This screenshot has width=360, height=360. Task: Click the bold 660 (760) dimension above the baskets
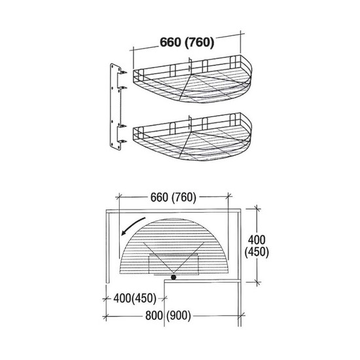point(187,43)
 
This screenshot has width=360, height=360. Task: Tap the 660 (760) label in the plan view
point(173,198)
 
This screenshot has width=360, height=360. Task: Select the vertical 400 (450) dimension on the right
point(257,246)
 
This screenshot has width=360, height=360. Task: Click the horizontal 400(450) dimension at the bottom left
point(135,298)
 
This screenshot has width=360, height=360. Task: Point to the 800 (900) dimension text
point(168,315)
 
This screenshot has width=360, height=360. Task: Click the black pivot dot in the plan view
point(173,278)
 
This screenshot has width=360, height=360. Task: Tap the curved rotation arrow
point(133,226)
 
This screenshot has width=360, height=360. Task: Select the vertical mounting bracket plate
point(115,107)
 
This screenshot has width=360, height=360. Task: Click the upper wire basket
point(192,79)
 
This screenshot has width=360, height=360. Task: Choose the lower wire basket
point(192,137)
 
